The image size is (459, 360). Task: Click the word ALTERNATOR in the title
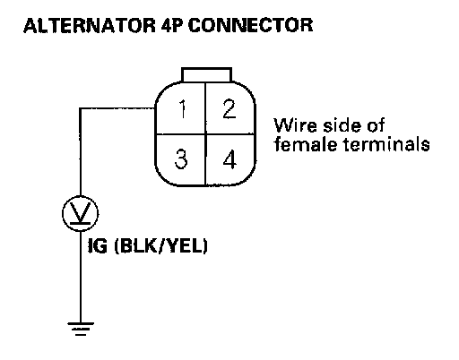(90, 25)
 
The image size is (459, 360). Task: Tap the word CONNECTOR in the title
(250, 25)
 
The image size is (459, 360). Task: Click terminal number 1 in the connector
(182, 109)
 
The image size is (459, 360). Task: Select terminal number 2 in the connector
(229, 109)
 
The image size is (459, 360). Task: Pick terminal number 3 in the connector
(181, 159)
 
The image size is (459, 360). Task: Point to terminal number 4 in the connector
(229, 159)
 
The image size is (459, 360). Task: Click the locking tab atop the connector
(206, 74)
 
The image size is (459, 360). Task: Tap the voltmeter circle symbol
(81, 213)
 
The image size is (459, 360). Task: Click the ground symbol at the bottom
(81, 329)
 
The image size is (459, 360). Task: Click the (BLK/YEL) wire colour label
(161, 246)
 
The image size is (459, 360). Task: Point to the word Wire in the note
(296, 125)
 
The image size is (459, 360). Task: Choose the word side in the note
(343, 125)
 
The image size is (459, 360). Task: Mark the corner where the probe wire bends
(80, 108)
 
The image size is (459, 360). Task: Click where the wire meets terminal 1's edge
(155, 108)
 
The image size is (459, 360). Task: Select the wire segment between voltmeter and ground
(81, 277)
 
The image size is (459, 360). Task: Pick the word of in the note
(377, 125)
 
